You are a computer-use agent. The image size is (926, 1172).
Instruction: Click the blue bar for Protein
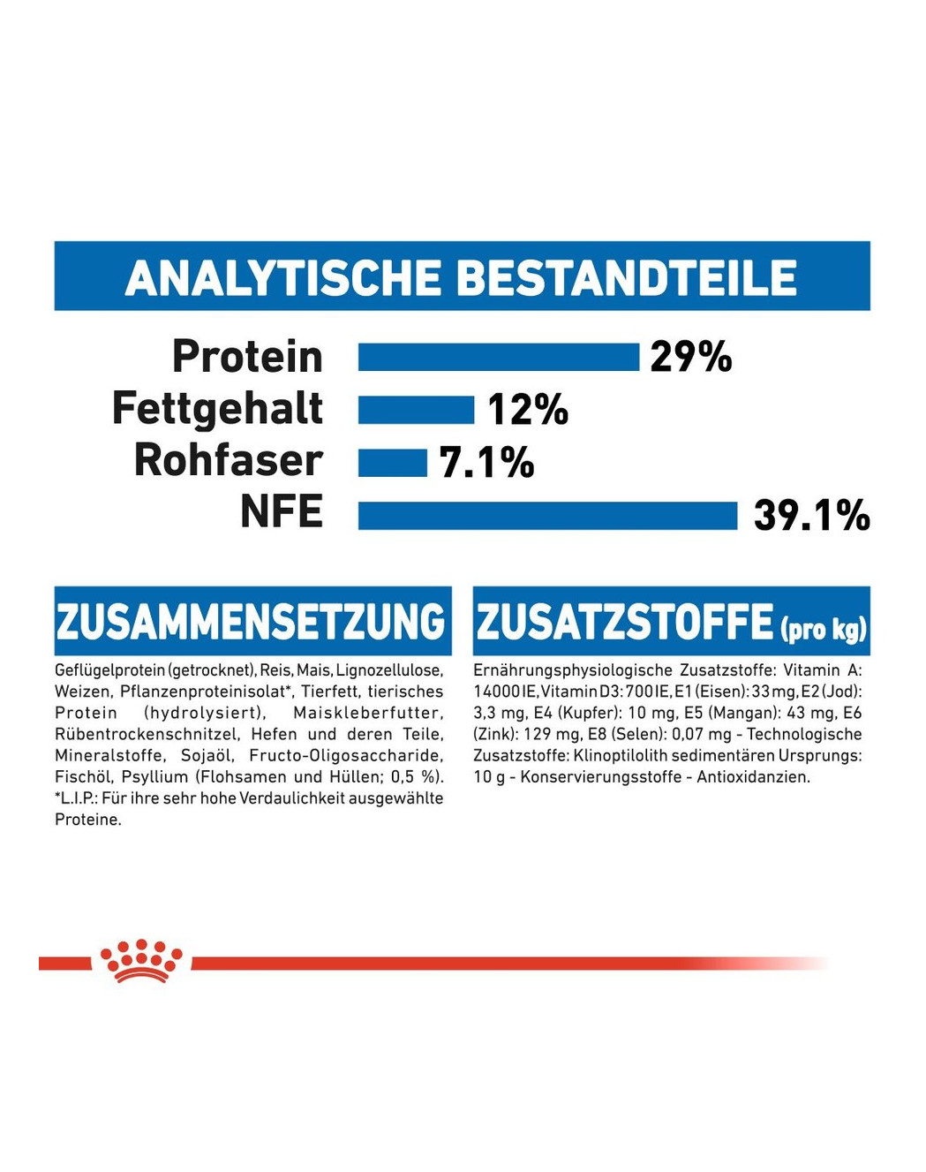tap(498, 358)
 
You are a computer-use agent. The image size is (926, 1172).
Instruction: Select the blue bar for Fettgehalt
tap(416, 410)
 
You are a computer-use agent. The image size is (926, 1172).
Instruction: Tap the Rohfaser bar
tap(392, 462)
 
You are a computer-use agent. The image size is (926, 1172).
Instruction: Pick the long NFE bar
tap(547, 515)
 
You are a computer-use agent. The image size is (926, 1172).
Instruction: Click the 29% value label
tap(690, 358)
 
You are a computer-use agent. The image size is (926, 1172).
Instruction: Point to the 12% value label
tap(528, 410)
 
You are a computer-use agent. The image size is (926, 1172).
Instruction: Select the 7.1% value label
tap(486, 462)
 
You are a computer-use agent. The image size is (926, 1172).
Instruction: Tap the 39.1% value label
tap(811, 516)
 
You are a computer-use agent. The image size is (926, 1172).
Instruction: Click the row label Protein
tap(247, 357)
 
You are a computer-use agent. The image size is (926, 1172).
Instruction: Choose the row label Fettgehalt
tap(217, 409)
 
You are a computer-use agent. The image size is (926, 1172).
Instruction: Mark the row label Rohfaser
tap(228, 460)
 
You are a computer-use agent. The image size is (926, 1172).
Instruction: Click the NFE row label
tap(282, 511)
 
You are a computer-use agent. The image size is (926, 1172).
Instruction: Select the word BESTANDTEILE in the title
tap(626, 277)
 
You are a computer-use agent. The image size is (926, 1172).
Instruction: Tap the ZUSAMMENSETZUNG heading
tap(252, 621)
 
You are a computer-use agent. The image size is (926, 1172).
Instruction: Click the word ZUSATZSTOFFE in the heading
tap(624, 621)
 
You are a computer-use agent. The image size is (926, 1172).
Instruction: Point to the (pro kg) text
tap(823, 628)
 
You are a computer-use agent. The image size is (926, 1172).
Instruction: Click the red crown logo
tap(141, 961)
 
